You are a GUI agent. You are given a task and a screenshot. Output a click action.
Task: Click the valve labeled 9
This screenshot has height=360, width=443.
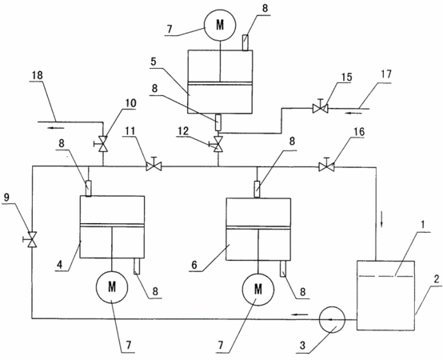coord(32,240)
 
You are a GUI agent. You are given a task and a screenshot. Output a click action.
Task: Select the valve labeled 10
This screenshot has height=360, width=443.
coord(102,144)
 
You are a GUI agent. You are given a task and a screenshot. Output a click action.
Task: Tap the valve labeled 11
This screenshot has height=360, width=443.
coord(154,166)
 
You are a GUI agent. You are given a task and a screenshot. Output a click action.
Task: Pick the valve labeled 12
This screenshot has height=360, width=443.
coord(218,144)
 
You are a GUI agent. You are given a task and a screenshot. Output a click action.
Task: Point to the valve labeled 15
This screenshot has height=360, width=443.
coord(321,108)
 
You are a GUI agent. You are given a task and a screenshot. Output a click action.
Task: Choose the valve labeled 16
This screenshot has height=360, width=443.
coord(326,166)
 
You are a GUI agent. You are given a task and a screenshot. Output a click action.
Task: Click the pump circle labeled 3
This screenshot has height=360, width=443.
coord(332,319)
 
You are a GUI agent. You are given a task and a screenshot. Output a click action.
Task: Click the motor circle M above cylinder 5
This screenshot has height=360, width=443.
coord(220,26)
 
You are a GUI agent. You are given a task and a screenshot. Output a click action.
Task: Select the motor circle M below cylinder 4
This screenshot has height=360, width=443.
coord(112,287)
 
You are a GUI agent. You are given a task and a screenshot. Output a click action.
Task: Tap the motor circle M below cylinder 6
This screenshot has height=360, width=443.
coord(258,289)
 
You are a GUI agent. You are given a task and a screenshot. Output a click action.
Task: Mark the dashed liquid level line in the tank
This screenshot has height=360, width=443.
coord(385,276)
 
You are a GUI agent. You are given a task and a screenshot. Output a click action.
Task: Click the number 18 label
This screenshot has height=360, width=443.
coord(38,75)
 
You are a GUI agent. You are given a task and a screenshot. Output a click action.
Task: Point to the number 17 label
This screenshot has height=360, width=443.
coord(386,74)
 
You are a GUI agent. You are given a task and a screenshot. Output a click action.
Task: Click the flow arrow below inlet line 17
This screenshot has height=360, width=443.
coord(353,114)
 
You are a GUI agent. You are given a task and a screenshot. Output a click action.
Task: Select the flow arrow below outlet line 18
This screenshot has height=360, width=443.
coord(56,128)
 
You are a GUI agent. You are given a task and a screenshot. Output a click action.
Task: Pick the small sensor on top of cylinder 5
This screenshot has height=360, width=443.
coord(245,42)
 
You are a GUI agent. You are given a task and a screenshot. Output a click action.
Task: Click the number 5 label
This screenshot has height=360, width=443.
coord(154,62)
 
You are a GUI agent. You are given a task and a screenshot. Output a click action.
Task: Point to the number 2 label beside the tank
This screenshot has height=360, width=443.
coord(437,280)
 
